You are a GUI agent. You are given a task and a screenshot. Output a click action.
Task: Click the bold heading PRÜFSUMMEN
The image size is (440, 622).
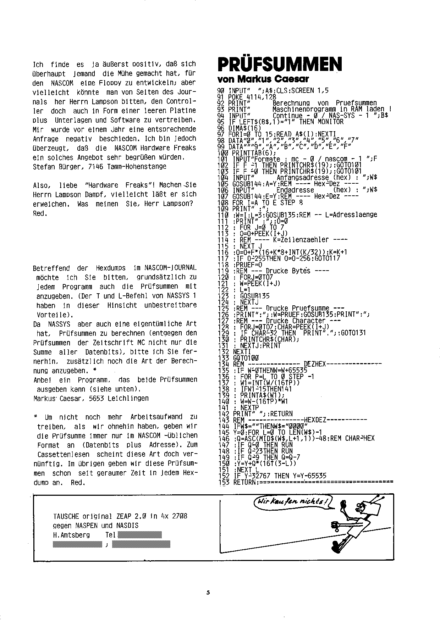279,64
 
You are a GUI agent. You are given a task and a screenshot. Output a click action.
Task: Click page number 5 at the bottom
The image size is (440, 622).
208,592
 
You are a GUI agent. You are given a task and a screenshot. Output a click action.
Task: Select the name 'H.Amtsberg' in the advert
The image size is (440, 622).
71,535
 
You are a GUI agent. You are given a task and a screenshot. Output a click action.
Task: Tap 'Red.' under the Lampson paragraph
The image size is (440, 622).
40,213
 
